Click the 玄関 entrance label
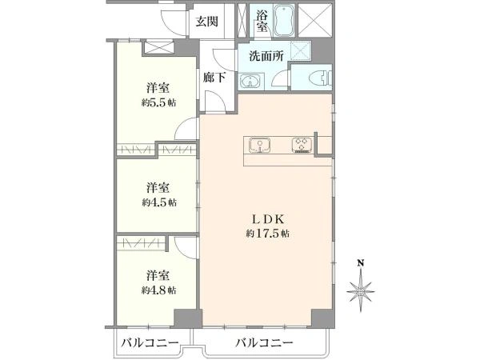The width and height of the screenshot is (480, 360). coord(207,22)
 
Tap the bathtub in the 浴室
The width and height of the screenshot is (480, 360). coord(284,21)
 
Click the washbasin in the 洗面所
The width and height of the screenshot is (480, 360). coord(251,82)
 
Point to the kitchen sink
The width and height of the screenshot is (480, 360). coord(259,145)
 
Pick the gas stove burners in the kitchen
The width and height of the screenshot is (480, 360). coord(302,145)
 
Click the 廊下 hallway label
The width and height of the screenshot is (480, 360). coord(214,78)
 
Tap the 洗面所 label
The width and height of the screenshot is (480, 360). coord(266,56)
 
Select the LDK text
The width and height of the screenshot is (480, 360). coord(269,219)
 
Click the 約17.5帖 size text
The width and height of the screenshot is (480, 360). coord(268,234)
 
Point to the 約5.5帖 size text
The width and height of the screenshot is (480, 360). coord(158,103)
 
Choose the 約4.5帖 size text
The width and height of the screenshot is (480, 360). coord(159,202)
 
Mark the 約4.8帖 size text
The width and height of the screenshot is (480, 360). coord(158,290)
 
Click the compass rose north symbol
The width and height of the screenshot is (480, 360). coord(361,291)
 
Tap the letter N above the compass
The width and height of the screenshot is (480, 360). coord(362,263)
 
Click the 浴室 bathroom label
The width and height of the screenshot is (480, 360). coord(262,21)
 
